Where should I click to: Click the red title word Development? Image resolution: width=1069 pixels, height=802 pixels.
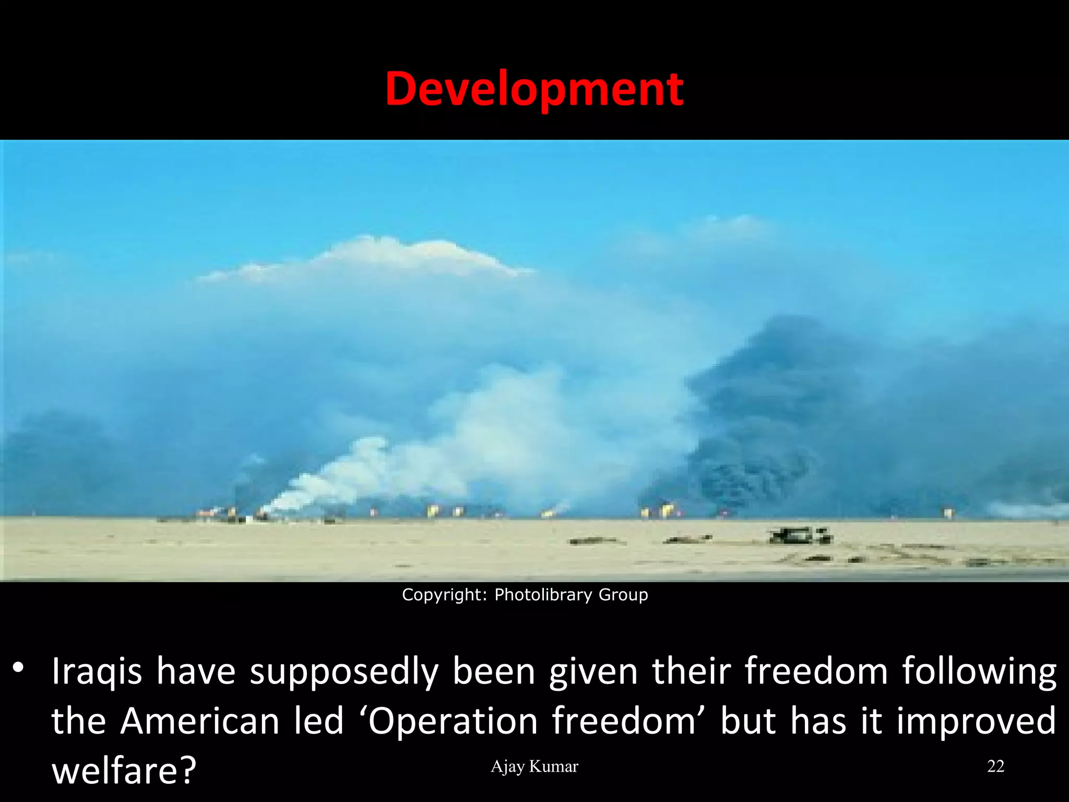point(534,90)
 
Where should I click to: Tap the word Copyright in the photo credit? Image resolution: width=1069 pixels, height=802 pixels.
point(443,595)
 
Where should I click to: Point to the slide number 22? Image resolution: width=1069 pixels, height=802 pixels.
point(995,766)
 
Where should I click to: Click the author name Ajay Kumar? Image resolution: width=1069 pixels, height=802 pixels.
point(534,766)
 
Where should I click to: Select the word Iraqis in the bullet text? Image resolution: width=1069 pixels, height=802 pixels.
point(97,671)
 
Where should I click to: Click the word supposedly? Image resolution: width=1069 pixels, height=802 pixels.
point(344,673)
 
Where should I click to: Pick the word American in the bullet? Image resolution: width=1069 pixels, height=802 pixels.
point(200,721)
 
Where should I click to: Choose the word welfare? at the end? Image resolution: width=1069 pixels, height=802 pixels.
point(124,770)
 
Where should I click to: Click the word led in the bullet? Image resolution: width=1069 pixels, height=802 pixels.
point(318,721)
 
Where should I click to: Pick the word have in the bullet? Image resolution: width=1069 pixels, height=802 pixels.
point(196,671)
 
